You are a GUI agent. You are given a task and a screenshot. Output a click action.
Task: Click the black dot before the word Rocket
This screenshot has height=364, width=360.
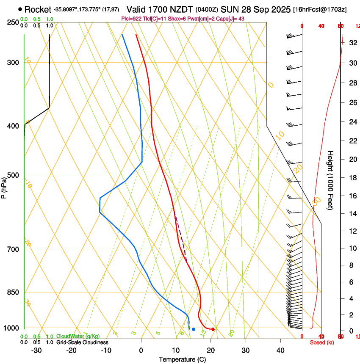20,9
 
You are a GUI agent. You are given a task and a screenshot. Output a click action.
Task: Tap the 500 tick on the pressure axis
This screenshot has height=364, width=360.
13,175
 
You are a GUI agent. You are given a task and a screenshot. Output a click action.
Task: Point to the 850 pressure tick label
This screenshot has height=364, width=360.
13,292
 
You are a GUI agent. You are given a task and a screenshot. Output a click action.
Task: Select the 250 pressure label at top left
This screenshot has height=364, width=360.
13,22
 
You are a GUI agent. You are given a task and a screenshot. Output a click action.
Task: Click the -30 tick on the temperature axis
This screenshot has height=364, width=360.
36,350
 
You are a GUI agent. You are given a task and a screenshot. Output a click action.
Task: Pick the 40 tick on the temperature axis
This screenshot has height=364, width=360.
280,350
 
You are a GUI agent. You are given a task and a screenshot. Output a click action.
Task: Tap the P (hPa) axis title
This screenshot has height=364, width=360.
4,187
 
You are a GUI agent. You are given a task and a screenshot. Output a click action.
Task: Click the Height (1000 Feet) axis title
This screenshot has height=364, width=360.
331,180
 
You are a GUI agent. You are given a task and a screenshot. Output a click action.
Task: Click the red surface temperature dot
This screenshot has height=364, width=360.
213,329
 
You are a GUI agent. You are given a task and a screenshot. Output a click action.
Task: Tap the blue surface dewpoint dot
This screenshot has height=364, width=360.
193,329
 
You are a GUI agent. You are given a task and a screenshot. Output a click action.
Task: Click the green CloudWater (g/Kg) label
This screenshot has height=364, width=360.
78,336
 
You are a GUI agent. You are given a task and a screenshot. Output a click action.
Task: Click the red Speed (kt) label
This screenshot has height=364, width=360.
322,342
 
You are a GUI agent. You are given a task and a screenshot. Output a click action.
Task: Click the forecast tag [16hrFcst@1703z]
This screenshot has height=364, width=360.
319,9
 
